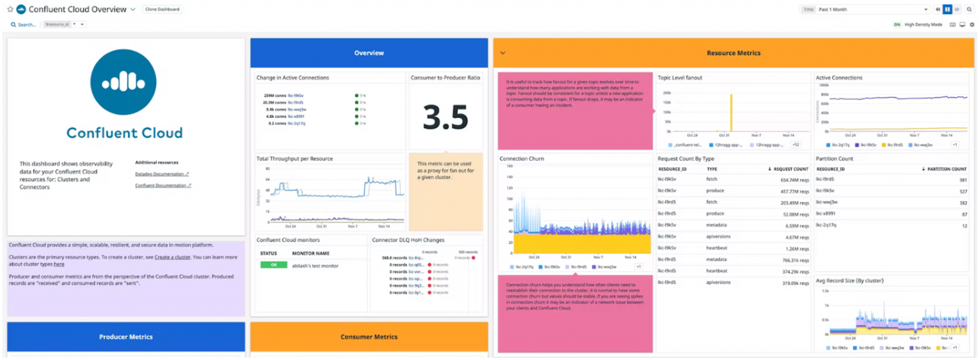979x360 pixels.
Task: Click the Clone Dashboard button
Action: click(x=162, y=10)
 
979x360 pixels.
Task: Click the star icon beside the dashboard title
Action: click(x=10, y=10)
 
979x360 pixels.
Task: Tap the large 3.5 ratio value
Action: click(x=446, y=117)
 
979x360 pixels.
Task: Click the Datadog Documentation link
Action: click(x=162, y=173)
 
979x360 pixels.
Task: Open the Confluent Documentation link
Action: click(x=163, y=185)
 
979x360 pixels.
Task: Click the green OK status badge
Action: click(x=273, y=265)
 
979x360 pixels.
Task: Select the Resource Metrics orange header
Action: click(x=733, y=53)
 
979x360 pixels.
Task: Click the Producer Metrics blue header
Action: click(x=126, y=336)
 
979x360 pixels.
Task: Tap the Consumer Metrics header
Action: click(x=368, y=336)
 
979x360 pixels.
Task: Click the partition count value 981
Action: click(x=963, y=180)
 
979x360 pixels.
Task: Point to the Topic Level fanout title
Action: click(x=679, y=78)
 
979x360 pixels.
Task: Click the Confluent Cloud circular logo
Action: click(x=124, y=82)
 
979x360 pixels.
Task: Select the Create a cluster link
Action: click(x=172, y=257)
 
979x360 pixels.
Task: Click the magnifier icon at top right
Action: click(x=968, y=10)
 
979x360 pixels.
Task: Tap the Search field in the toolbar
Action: click(x=24, y=24)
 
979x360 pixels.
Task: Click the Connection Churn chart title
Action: click(x=521, y=158)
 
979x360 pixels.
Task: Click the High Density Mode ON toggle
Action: click(x=897, y=24)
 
